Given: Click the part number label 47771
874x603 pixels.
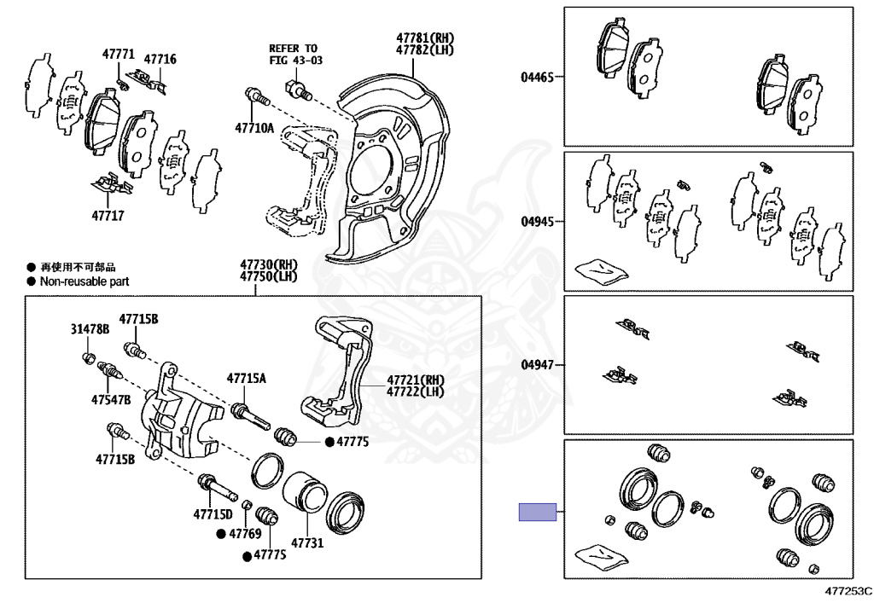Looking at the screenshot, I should coord(119,54).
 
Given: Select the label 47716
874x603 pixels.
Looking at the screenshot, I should coord(160,59).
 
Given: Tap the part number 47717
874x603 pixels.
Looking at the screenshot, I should coord(108,216).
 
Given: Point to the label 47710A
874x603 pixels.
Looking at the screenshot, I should coord(254,129).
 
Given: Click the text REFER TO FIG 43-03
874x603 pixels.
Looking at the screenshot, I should coord(293,55).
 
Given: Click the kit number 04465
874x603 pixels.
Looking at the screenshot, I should coord(538,77).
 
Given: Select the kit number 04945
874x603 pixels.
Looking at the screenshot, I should coord(538,221).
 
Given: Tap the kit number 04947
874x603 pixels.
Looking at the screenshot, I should coord(538,365).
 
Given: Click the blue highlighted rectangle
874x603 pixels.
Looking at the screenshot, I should coord(538,512).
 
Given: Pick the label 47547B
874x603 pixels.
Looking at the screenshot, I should coord(111,399).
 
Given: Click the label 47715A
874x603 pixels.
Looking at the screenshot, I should coord(246,378).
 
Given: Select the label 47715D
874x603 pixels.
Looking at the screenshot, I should coord(213,514).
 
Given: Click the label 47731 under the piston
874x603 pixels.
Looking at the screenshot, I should coord(307,542).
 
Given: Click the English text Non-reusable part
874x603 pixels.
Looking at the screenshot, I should coord(84,281).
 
